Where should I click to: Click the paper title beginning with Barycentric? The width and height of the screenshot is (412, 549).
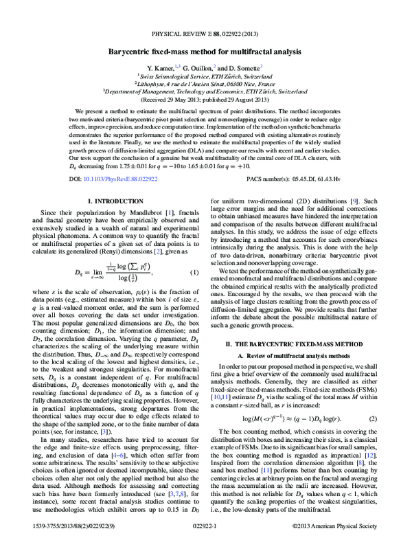pos(206,52)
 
